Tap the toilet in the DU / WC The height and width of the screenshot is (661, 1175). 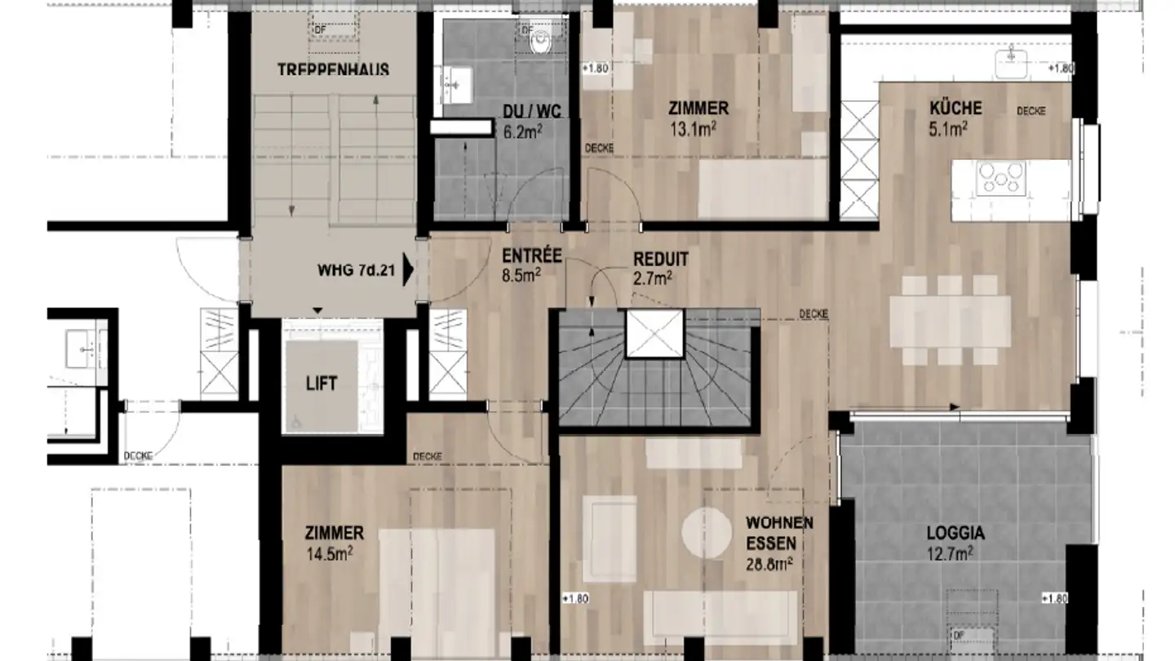click(x=540, y=40)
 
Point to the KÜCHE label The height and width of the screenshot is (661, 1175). click(x=955, y=108)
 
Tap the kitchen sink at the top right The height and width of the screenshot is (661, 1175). click(x=1012, y=57)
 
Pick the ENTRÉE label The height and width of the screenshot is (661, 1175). click(x=531, y=256)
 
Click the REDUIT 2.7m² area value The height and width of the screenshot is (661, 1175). click(x=652, y=277)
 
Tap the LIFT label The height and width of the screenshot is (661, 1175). click(x=321, y=384)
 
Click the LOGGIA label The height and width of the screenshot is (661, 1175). click(x=955, y=534)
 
